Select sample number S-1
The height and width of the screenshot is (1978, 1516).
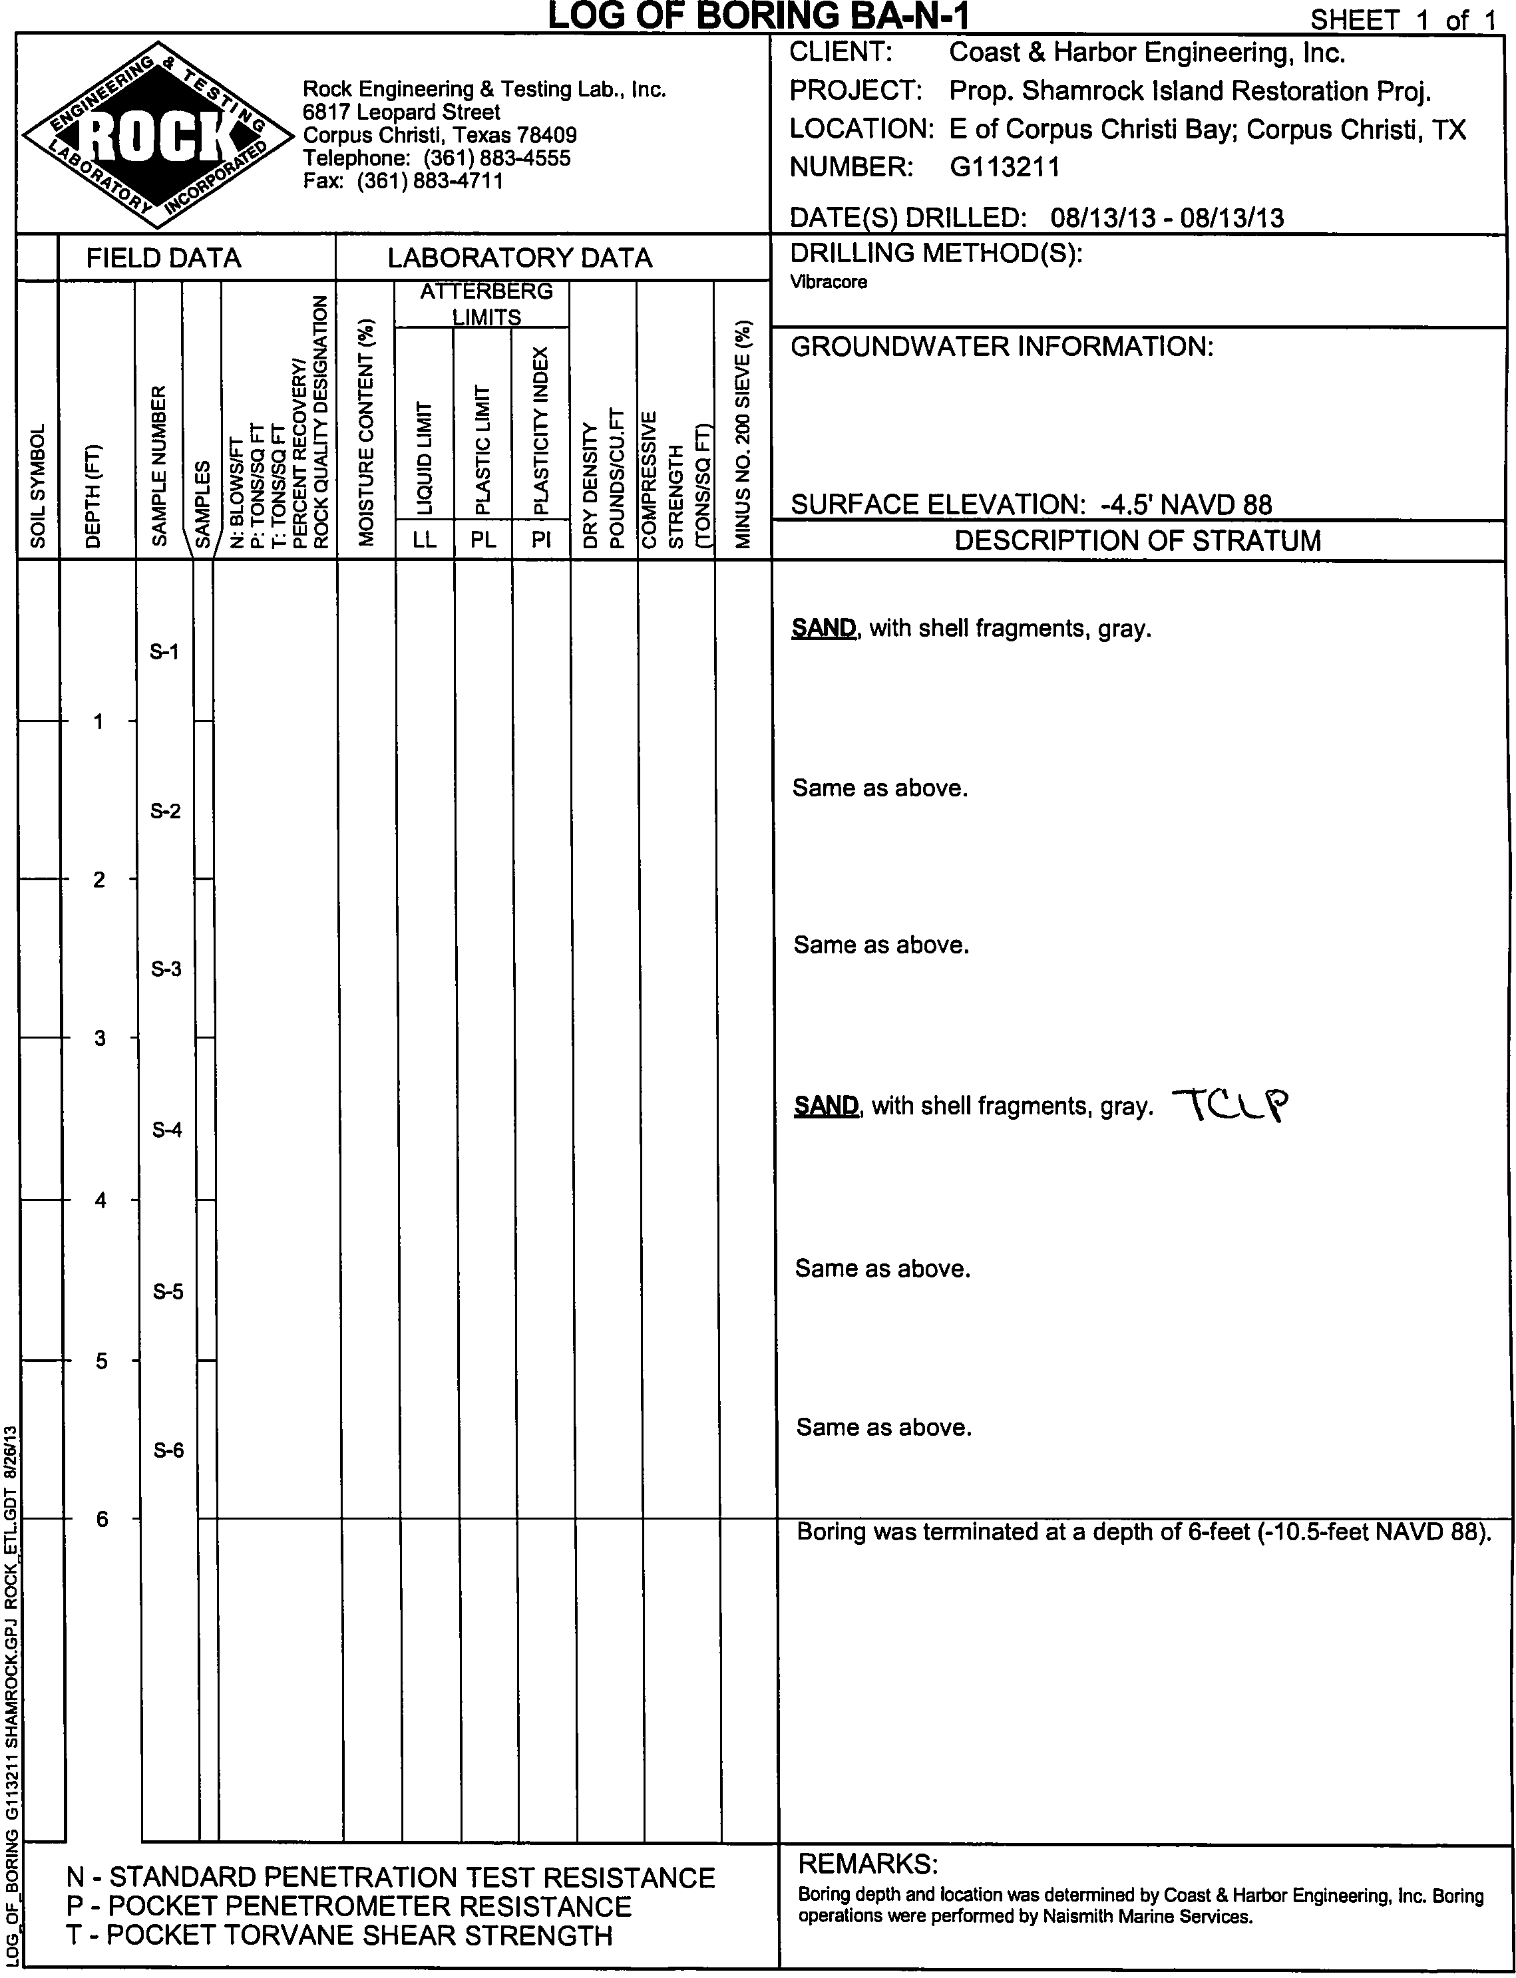pos(164,651)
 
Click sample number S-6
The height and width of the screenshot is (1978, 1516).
pos(168,1450)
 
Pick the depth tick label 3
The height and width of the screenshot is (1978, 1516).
pos(100,1038)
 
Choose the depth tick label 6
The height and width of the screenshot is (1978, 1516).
pos(101,1519)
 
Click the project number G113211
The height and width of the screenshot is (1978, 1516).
pos(1004,167)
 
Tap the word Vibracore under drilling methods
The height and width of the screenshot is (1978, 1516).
pos(829,282)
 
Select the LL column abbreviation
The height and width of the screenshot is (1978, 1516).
pos(424,540)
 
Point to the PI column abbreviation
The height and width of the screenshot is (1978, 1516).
pos(540,540)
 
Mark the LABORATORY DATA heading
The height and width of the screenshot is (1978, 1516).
pos(519,259)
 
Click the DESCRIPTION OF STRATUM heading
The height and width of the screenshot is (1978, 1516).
pos(1137,541)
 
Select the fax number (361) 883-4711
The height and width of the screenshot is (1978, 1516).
pos(431,180)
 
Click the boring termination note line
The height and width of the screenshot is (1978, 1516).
pos(1141,1532)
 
